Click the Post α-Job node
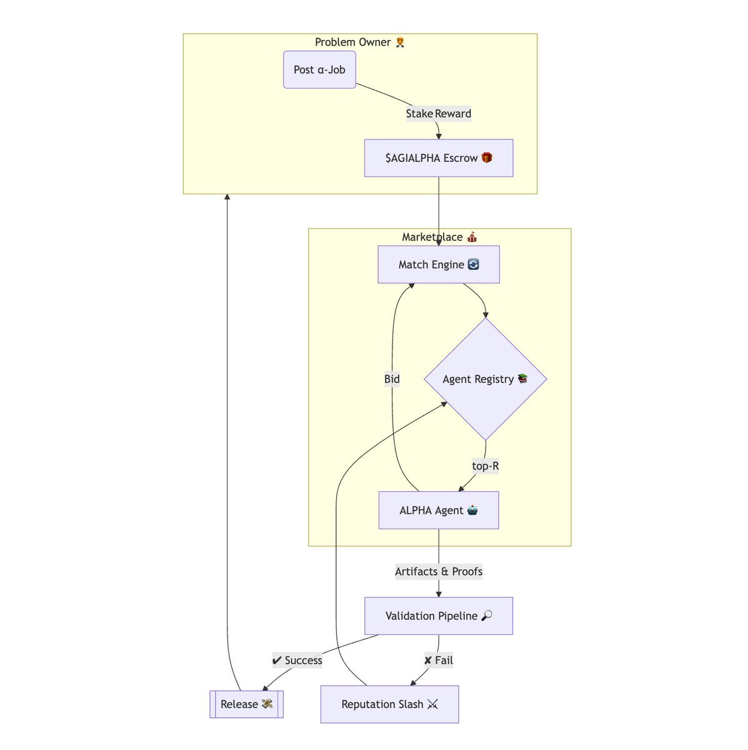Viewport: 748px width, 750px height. click(319, 69)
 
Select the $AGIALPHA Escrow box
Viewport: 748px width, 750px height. click(438, 158)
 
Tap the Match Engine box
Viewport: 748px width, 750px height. click(438, 264)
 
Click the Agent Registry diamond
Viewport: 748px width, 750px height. click(486, 379)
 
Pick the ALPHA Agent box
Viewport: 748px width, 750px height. click(438, 510)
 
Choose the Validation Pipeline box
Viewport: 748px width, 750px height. click(438, 616)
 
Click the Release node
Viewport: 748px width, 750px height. click(246, 704)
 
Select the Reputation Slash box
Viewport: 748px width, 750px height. click(389, 704)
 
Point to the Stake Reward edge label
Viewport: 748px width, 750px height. click(438, 114)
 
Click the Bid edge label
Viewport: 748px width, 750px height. click(392, 379)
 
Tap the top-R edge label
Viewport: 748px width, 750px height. click(485, 466)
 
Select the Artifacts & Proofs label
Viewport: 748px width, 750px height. click(438, 571)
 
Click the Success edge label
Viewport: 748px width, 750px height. click(297, 660)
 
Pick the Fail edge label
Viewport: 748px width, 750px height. click(438, 660)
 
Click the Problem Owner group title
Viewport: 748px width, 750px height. click(360, 42)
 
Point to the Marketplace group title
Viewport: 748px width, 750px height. click(439, 237)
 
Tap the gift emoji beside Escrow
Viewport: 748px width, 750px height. click(486, 157)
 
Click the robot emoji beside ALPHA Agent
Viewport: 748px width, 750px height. click(472, 510)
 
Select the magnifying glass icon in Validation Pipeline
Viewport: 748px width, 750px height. click(486, 616)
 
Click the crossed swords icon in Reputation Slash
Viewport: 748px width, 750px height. click(432, 704)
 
